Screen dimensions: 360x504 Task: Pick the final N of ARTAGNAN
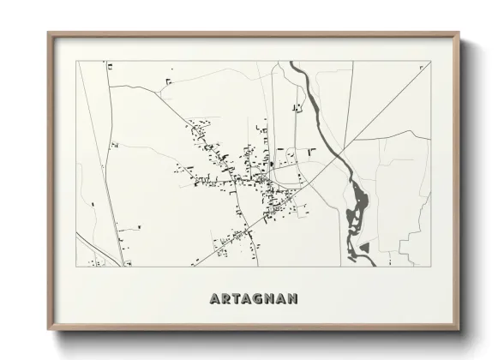pyautogui.click(x=293, y=298)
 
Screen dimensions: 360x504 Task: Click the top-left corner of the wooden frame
pyautogui.click(x=48, y=33)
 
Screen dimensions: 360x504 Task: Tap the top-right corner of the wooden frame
pyautogui.click(x=459, y=33)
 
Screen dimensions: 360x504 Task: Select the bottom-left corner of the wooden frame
pyautogui.click(x=48, y=330)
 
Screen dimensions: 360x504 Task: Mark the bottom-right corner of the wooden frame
pyautogui.click(x=459, y=330)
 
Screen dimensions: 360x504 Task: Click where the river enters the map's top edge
pyautogui.click(x=294, y=62)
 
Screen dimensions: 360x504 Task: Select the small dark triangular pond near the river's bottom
pyautogui.click(x=363, y=247)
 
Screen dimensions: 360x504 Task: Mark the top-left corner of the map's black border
pyautogui.click(x=76, y=61)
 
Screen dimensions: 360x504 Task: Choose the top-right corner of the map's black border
pyautogui.click(x=429, y=61)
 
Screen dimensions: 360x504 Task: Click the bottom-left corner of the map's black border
pyautogui.click(x=76, y=266)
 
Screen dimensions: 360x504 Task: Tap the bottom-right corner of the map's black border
pyautogui.click(x=429, y=266)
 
